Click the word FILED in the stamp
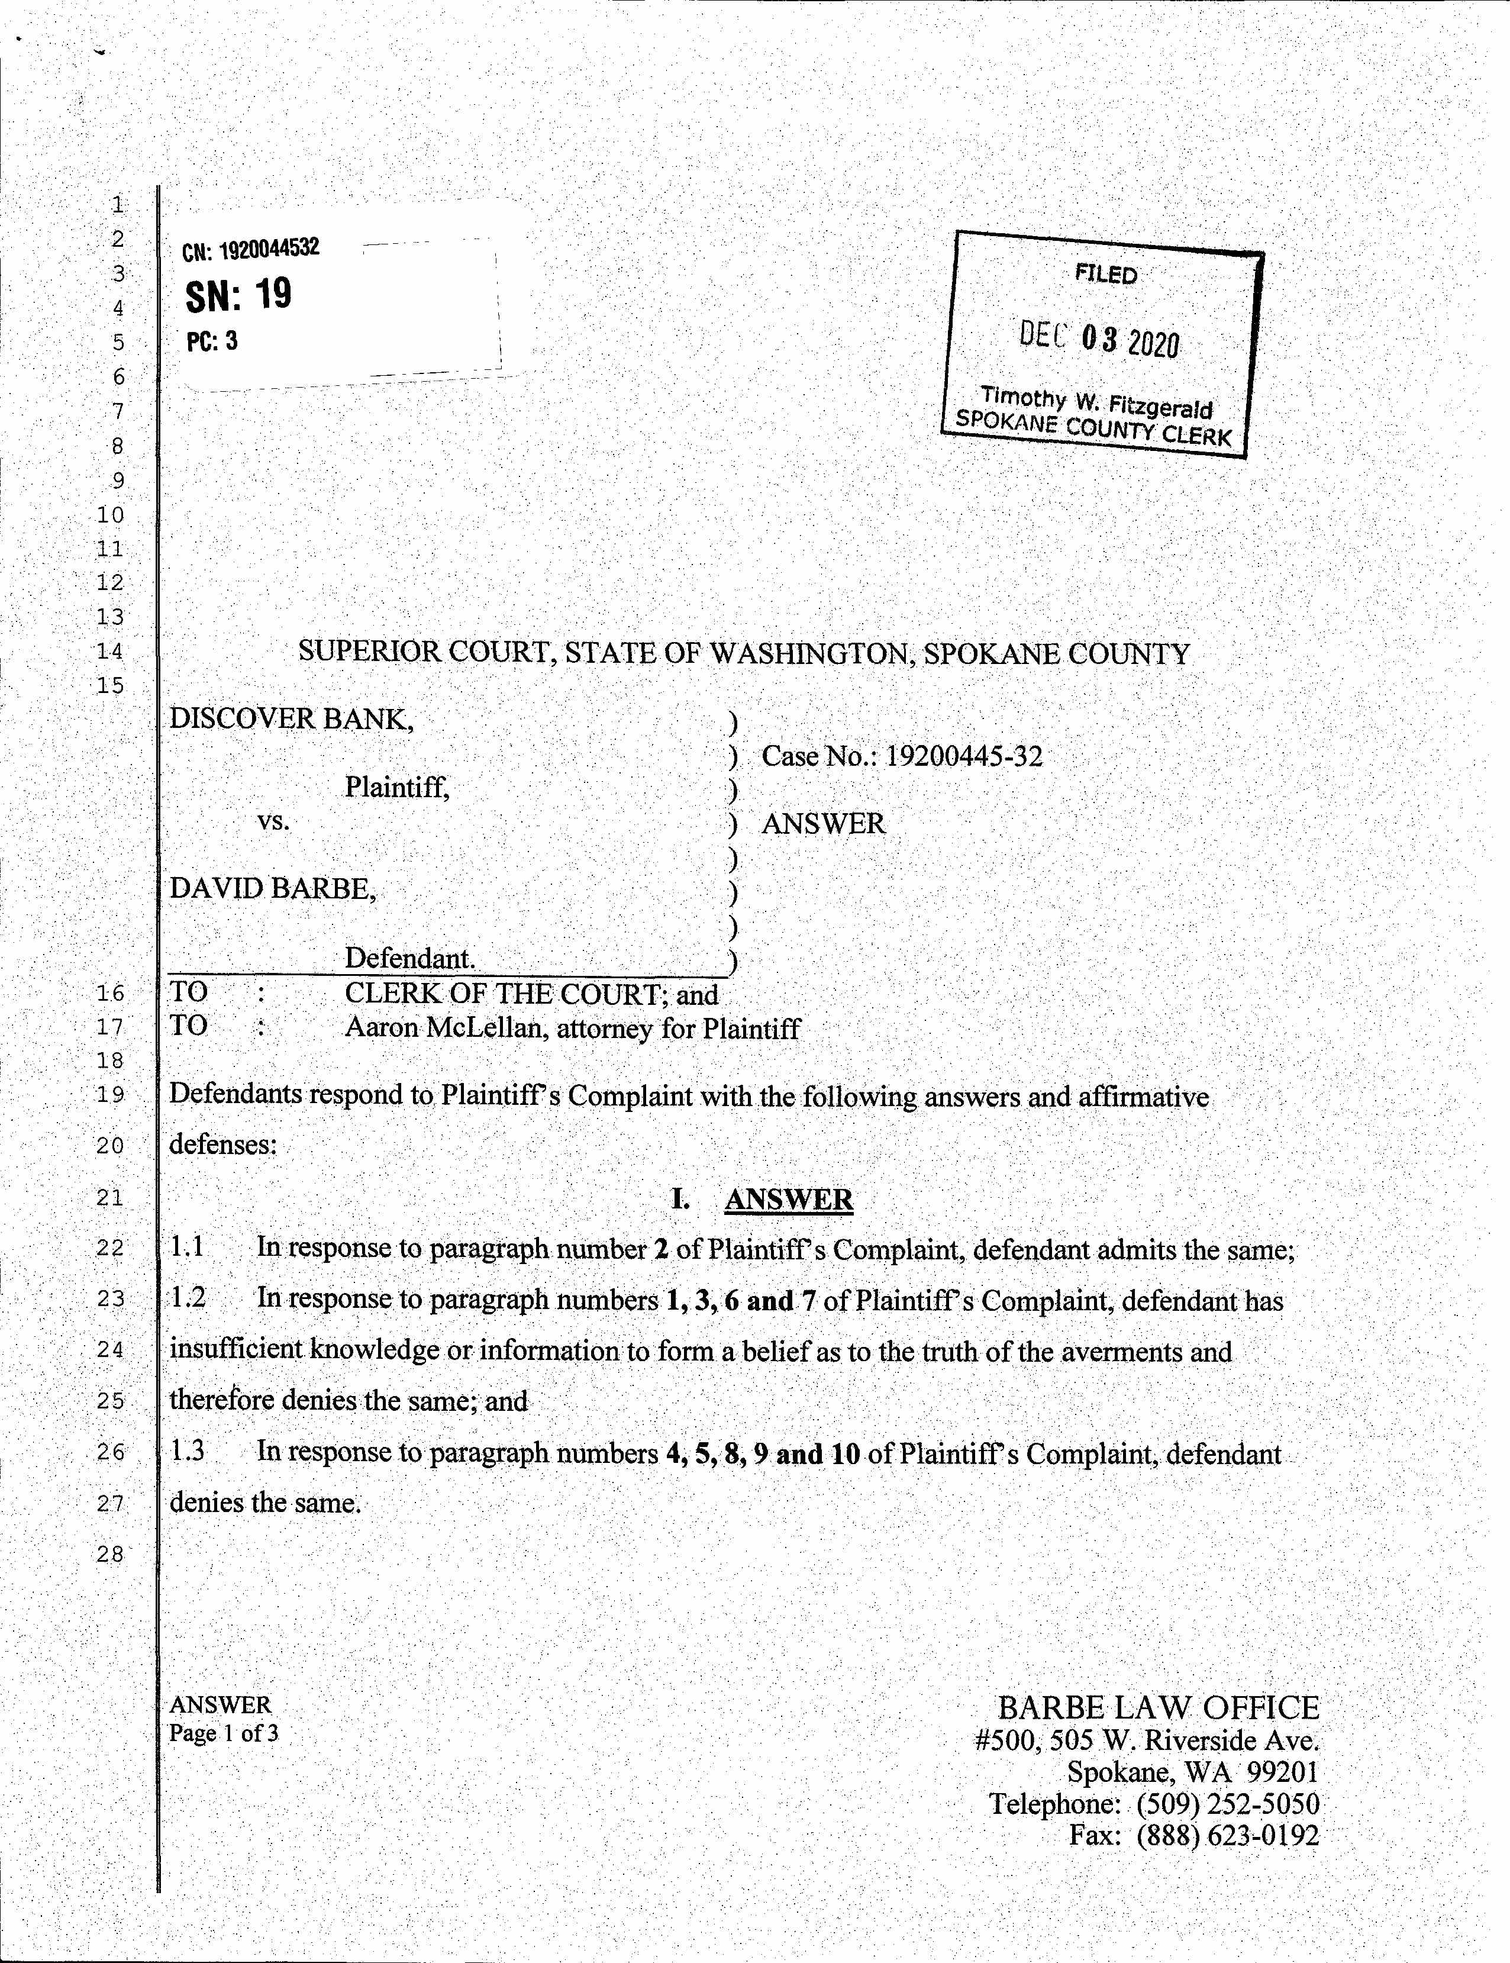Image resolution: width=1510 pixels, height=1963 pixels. [1105, 274]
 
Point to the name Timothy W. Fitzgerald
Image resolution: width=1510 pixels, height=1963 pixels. [1096, 402]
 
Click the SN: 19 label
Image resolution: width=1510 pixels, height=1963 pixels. [238, 295]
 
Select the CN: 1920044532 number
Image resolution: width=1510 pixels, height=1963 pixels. [251, 250]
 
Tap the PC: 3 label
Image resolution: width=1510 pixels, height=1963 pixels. [212, 341]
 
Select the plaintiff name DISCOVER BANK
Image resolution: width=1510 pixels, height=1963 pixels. [291, 719]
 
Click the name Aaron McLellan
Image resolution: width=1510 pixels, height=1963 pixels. [446, 1027]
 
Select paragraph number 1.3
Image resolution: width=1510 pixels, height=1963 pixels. [188, 1452]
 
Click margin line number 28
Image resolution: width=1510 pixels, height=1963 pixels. [111, 1554]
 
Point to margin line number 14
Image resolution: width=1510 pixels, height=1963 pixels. [111, 651]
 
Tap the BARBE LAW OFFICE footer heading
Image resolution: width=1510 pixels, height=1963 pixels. [1159, 1708]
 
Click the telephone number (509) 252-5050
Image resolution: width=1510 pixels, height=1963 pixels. [1228, 1804]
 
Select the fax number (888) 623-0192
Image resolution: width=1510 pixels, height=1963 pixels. [1228, 1835]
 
